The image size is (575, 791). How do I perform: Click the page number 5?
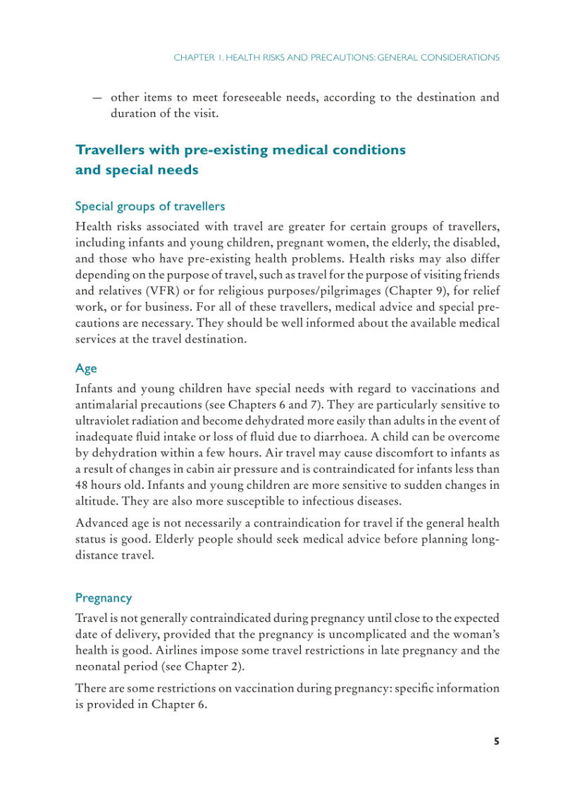[496, 741]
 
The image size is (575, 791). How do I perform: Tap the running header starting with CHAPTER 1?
[336, 57]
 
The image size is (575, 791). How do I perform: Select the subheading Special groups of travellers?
[150, 206]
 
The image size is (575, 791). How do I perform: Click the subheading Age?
[86, 368]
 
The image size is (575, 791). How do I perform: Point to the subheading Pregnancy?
[104, 598]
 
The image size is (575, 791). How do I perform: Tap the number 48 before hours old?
[82, 485]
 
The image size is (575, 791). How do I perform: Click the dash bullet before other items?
[97, 98]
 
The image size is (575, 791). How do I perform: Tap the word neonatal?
[99, 666]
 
